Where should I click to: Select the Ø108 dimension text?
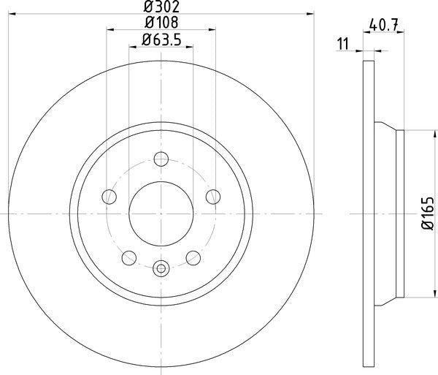161,23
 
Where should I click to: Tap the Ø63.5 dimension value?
161,39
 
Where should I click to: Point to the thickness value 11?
341,44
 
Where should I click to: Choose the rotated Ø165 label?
427,213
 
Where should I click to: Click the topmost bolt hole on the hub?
161,158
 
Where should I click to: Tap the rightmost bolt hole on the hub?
214,196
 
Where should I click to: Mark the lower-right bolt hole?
193,257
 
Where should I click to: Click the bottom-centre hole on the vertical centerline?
161,267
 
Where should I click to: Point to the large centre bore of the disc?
161,213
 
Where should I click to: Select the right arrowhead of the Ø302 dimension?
312,13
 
